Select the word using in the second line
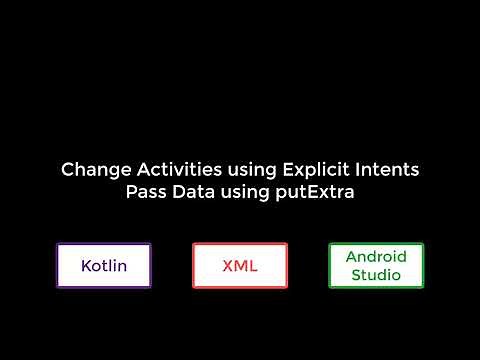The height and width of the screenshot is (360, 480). coord(239,193)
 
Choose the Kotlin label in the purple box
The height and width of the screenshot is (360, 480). coord(103,266)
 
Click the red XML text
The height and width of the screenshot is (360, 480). coord(240,266)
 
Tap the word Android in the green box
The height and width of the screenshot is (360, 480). coord(376,257)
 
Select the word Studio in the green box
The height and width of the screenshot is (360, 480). coord(376,275)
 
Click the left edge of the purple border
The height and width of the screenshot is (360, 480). coord(57,266)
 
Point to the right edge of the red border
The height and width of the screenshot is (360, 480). coord(286,266)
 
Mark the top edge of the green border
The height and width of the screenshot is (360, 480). coord(376,244)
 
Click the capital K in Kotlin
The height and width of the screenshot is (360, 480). coord(86,266)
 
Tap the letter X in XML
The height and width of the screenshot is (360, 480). coord(226,266)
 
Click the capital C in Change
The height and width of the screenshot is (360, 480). coord(67,170)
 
